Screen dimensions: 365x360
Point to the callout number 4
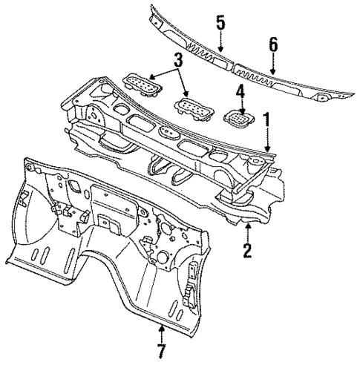pos(240,93)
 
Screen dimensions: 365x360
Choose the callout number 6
pos(273,46)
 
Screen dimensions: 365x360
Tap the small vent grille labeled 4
pos(238,117)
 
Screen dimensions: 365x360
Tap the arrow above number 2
pos(246,230)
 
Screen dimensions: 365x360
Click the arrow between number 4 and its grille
pos(239,105)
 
